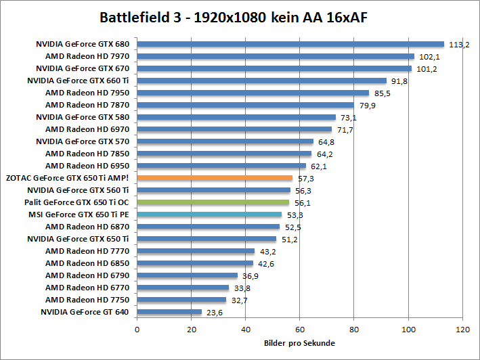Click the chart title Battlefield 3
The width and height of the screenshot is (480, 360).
[x=240, y=16]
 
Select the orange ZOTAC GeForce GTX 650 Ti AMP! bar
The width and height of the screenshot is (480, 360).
[x=215, y=178]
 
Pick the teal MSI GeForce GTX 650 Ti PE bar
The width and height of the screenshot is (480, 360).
[x=209, y=214]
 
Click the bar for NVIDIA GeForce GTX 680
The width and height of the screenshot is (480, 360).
[x=290, y=44]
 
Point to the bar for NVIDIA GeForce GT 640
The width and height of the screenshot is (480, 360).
[x=169, y=312]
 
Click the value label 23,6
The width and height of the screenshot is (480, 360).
[x=216, y=313]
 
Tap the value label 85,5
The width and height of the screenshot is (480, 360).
[x=383, y=93]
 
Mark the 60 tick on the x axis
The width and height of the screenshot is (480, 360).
[x=300, y=330]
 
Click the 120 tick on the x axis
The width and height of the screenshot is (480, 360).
[x=462, y=330]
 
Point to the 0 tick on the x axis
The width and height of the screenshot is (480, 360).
[x=137, y=330]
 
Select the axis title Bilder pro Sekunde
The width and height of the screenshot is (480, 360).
[x=299, y=343]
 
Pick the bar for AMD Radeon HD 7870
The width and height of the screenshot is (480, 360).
[x=245, y=105]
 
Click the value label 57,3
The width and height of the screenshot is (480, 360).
[x=307, y=179]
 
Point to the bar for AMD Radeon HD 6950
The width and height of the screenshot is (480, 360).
[x=221, y=166]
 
